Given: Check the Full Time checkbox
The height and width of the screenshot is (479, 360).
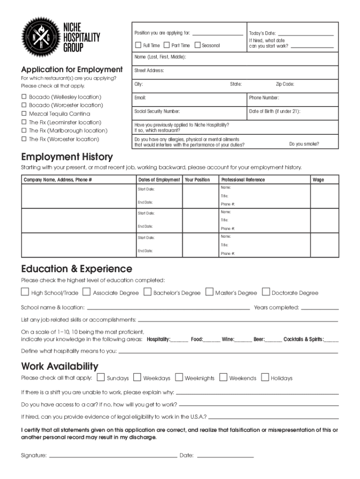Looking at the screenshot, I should [x=138, y=45].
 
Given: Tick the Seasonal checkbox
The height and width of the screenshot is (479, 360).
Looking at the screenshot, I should [x=197, y=45].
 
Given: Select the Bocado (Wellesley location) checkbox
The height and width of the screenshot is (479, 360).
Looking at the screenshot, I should [x=24, y=97].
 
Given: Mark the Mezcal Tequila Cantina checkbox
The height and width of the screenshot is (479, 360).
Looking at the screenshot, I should [x=24, y=114].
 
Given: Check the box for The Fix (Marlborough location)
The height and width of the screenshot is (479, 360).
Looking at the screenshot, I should [x=24, y=131].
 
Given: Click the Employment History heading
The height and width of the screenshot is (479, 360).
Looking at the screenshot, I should [x=67, y=157].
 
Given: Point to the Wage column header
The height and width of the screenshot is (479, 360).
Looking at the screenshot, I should [x=318, y=180].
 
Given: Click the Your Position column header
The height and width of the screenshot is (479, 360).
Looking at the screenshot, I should [x=197, y=180].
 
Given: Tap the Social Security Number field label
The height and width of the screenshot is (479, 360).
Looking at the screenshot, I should [x=157, y=111].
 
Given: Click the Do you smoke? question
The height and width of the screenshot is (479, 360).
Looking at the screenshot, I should [x=304, y=144].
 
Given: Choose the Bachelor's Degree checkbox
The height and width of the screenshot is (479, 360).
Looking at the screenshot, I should [x=148, y=292].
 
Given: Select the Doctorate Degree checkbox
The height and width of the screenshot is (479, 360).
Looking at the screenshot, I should [x=266, y=292].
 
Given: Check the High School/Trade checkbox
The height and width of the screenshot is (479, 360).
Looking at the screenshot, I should [x=25, y=292].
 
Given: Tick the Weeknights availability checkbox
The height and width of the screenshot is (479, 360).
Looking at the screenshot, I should [x=179, y=377].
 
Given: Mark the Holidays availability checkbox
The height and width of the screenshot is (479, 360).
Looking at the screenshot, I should [x=265, y=377].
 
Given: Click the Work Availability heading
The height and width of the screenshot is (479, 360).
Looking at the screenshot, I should [x=60, y=366].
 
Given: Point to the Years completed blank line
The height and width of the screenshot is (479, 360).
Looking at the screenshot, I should [x=320, y=309].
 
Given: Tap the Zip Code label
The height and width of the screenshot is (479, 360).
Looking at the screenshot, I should [x=285, y=84].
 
